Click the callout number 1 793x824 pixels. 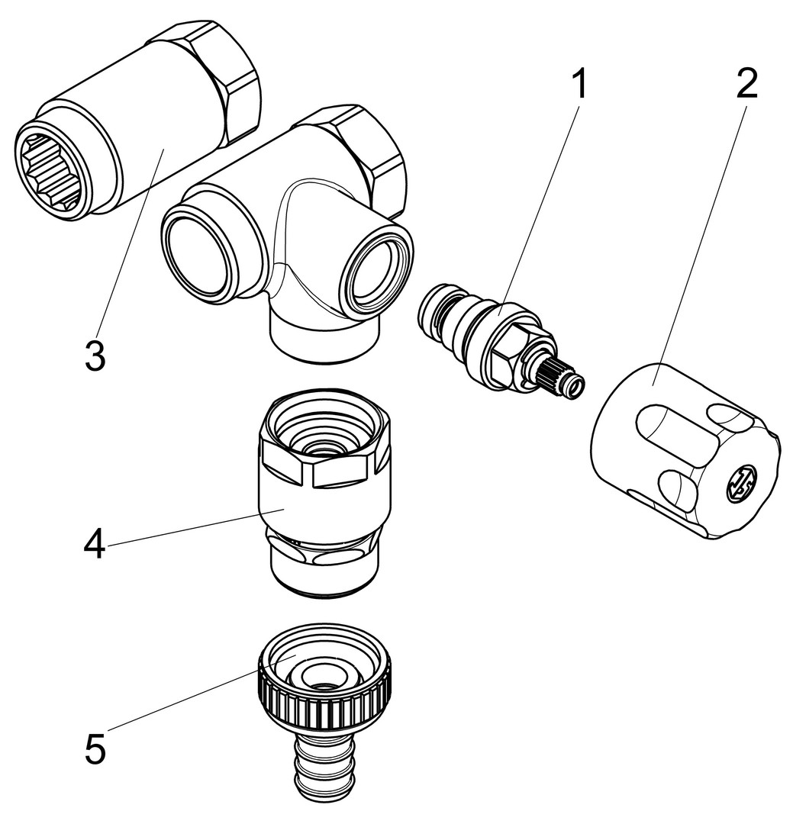pos(580,85)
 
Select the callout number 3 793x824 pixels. pos(95,356)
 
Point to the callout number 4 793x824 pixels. pos(95,546)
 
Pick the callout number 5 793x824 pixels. pos(95,749)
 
